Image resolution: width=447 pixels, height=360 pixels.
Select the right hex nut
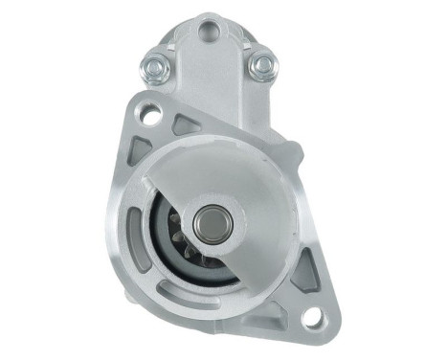(x=260, y=66)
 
